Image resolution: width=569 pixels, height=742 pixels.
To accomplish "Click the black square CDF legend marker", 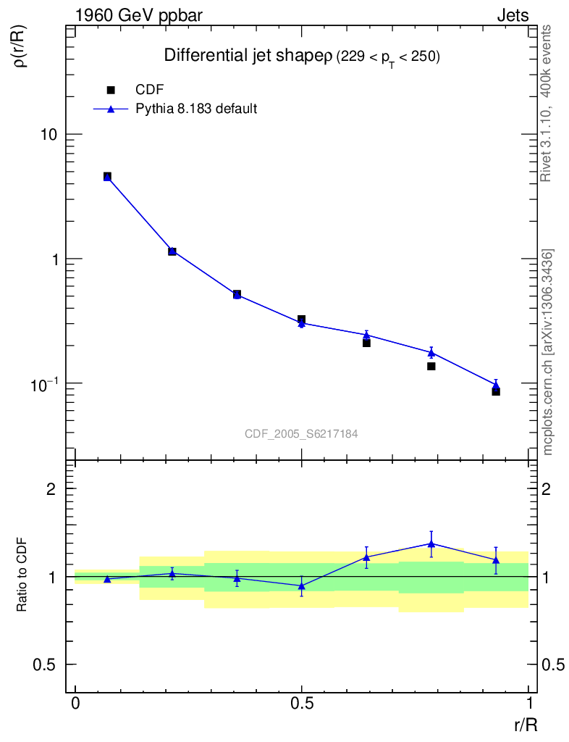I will [x=111, y=90].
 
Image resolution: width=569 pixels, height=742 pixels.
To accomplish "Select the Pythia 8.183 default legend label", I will [x=197, y=109].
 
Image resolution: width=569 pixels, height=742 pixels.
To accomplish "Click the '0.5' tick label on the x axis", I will [x=302, y=704].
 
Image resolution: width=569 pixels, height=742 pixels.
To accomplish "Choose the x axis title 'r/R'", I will [x=526, y=725].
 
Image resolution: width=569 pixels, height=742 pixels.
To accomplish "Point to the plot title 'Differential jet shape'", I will [x=245, y=56].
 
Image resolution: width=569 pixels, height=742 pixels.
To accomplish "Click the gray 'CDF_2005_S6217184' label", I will [x=301, y=433].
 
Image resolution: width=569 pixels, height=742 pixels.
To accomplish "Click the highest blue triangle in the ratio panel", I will [x=431, y=543].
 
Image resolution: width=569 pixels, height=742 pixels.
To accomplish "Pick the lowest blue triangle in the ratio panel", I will [x=302, y=585].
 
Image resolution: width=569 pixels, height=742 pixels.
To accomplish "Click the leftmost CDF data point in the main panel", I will [x=107, y=176].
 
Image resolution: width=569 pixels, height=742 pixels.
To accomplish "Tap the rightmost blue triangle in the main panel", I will [x=496, y=385].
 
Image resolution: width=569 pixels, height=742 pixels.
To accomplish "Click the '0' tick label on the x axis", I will [x=75, y=704].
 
